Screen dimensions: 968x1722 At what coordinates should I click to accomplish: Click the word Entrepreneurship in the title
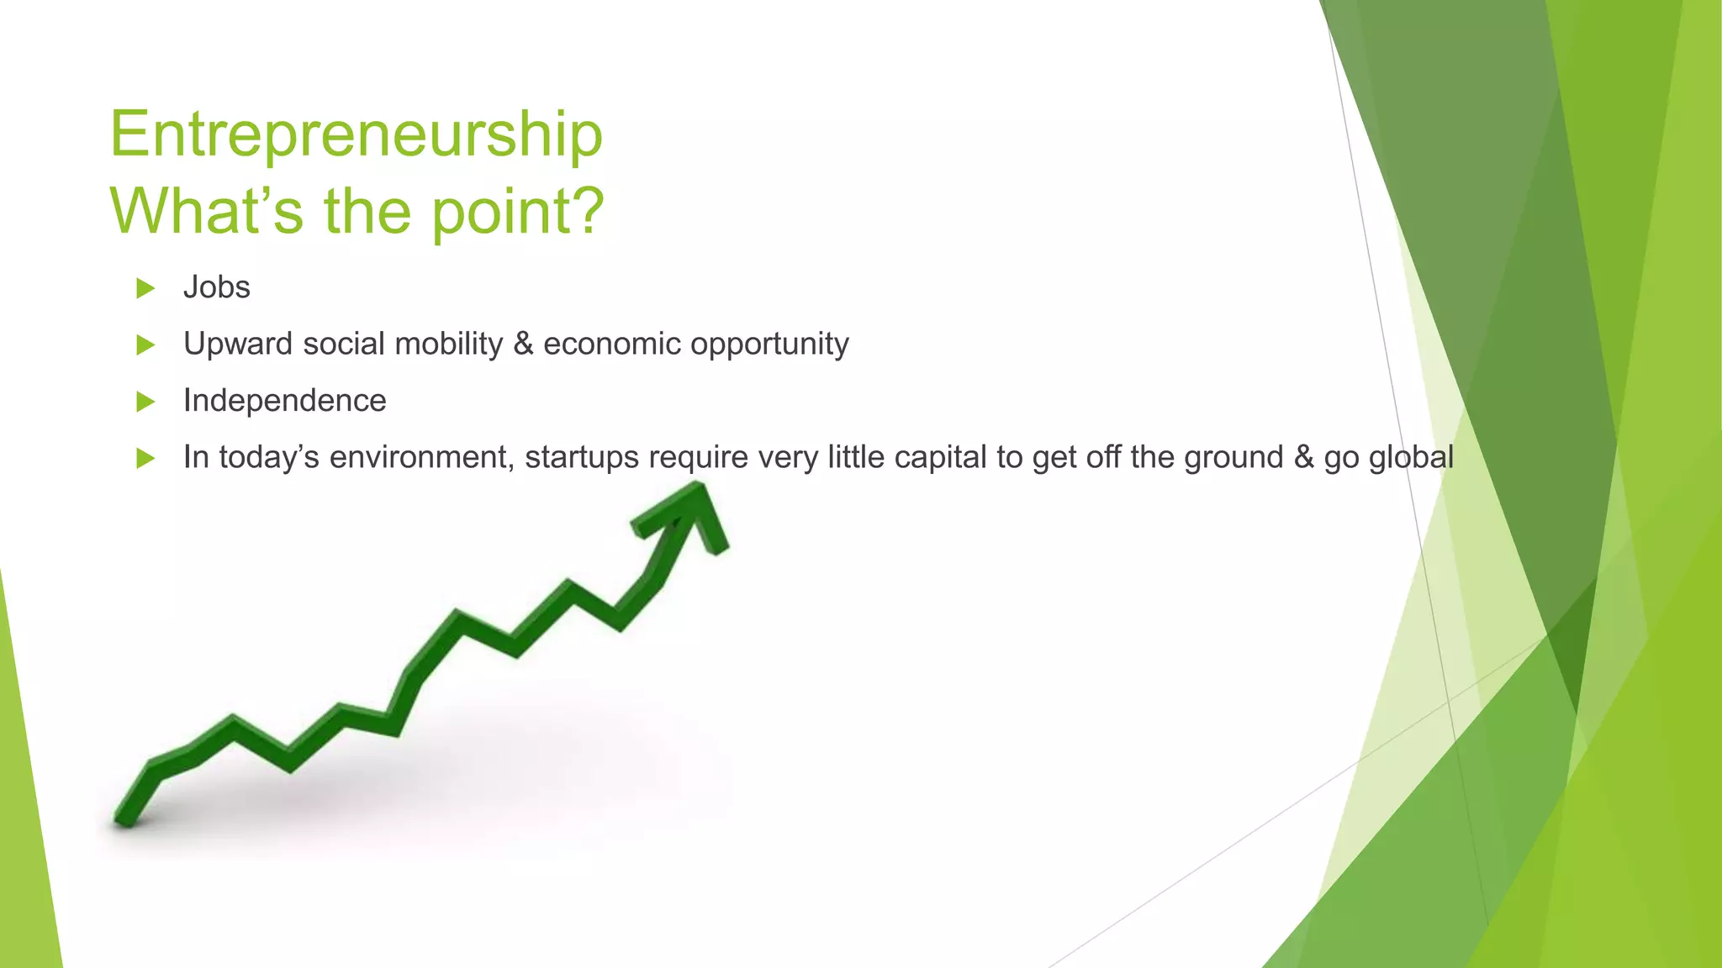(356, 134)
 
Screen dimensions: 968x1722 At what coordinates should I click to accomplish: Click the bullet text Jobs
(216, 287)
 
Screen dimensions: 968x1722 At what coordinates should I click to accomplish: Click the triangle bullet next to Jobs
(145, 288)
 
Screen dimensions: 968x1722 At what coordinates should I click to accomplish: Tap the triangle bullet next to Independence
(145, 402)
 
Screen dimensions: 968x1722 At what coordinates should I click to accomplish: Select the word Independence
(284, 401)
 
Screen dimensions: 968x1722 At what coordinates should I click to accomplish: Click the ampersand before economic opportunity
(523, 344)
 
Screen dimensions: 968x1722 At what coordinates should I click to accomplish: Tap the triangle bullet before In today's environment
(145, 459)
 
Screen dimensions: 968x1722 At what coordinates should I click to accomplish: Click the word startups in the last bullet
(582, 458)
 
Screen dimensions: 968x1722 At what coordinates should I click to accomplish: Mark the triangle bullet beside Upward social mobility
(145, 345)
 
